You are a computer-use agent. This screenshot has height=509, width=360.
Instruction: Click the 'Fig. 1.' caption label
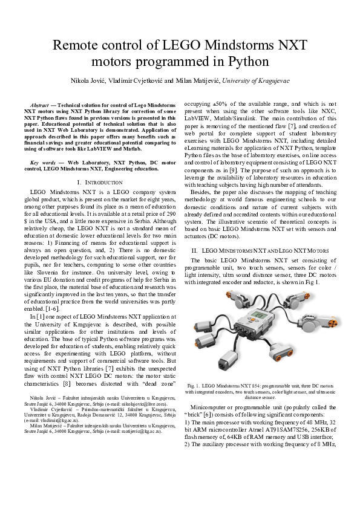pyautogui.click(x=195, y=385)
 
